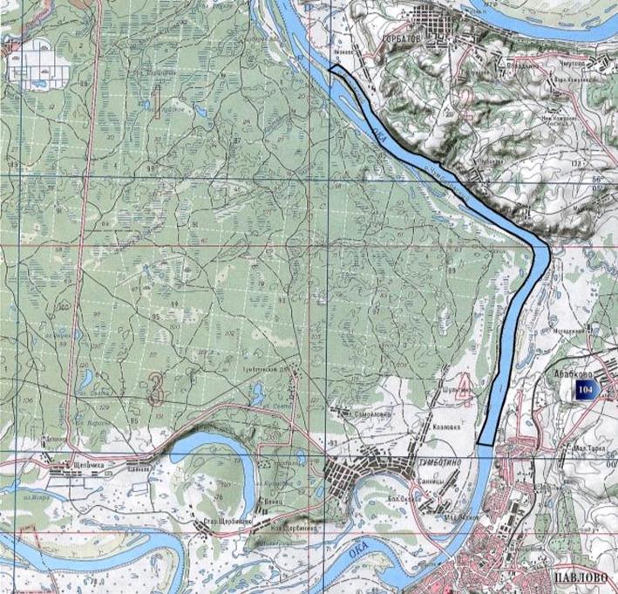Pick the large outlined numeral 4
point(465,390)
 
